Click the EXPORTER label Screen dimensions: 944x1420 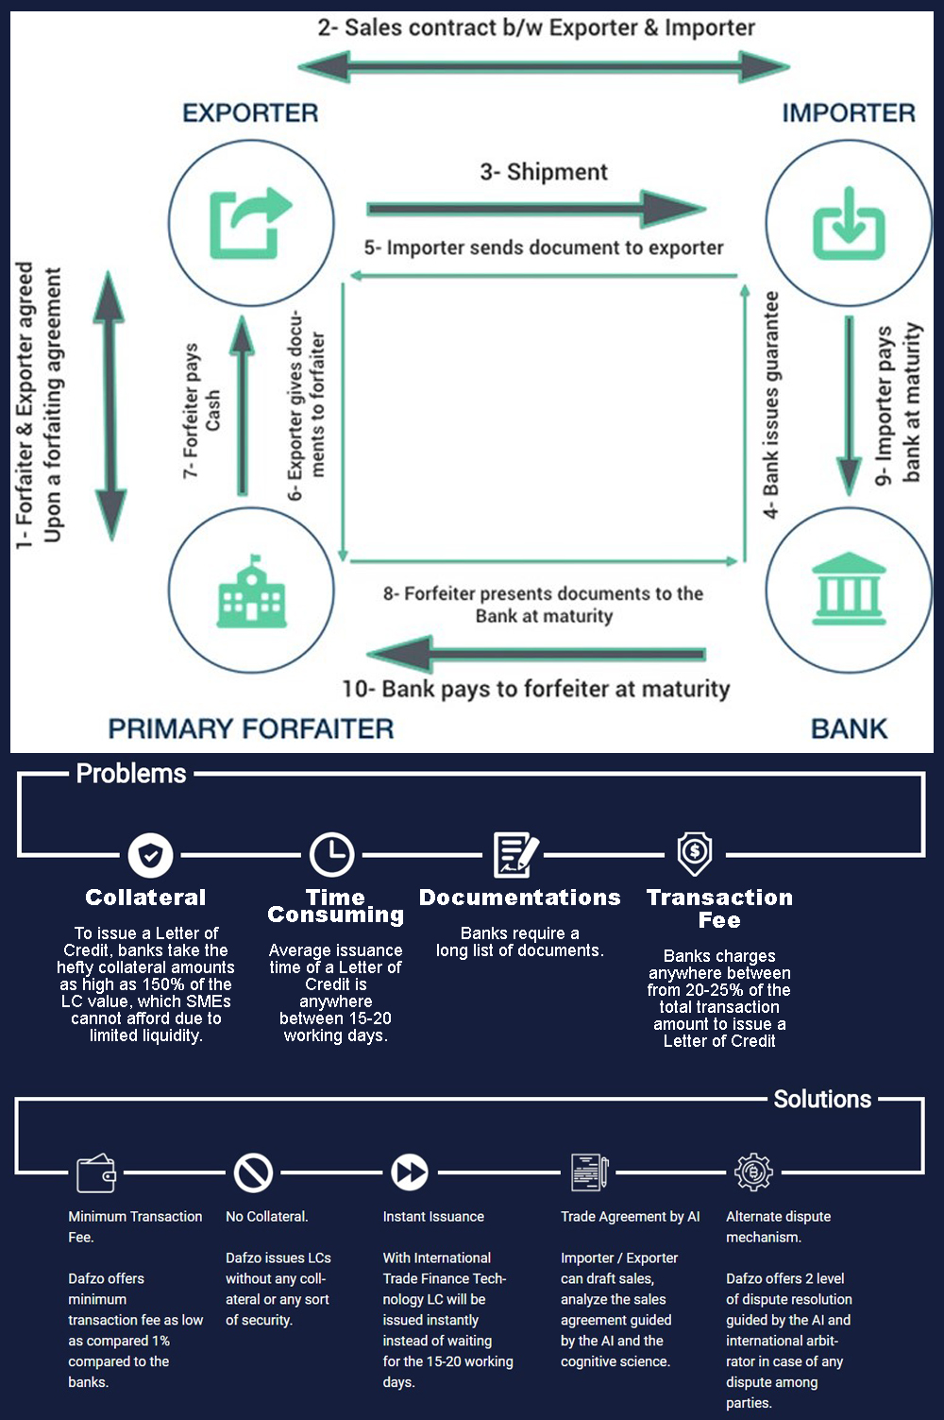point(250,112)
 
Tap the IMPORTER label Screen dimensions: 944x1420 point(849,112)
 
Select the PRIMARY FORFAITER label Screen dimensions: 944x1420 point(251,728)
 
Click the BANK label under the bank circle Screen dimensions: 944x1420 point(849,728)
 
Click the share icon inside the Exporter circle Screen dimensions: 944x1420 point(251,223)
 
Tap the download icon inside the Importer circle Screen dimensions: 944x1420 point(849,223)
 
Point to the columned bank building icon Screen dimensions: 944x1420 point(849,589)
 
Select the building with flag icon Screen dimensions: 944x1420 point(251,590)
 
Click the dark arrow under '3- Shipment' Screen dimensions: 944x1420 point(536,208)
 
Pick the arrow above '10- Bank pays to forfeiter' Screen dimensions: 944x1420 point(536,654)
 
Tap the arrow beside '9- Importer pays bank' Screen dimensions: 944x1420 point(849,405)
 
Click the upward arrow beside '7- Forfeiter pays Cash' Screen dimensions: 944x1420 point(242,405)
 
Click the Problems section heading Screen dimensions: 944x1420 point(131,774)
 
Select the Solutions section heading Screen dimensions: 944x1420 point(822,1099)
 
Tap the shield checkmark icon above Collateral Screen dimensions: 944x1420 point(151,855)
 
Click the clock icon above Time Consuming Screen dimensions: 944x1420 point(332,854)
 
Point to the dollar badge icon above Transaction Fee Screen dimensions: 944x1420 point(695,854)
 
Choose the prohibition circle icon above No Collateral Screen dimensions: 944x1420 point(253,1172)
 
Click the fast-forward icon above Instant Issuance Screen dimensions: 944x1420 point(410,1172)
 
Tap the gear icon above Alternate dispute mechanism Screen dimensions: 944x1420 point(753,1172)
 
